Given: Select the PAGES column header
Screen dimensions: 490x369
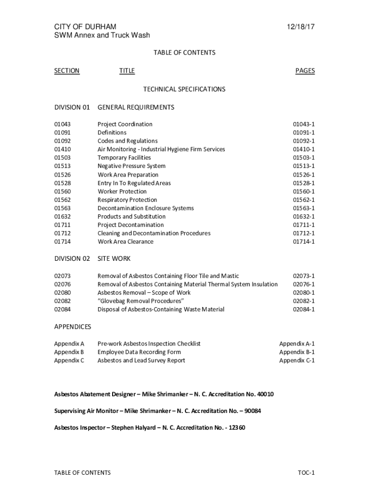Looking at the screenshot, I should (x=305, y=71).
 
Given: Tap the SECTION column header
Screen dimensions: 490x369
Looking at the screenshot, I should (x=67, y=71).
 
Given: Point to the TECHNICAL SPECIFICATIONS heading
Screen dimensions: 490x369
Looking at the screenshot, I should (x=184, y=89).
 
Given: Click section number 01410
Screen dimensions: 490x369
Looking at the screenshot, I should (x=62, y=149).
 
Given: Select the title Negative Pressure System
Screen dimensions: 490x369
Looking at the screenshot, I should (x=131, y=166).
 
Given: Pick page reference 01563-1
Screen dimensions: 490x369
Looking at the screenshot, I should (x=304, y=208).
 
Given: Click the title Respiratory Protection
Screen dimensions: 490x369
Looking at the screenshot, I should (x=127, y=200).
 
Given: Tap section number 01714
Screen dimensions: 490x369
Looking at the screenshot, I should (x=62, y=242).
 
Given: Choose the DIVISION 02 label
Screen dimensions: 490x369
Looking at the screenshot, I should (x=72, y=258).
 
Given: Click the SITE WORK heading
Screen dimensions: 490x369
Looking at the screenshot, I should (x=114, y=258).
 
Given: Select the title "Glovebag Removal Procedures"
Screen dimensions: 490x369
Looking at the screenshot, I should (x=141, y=301).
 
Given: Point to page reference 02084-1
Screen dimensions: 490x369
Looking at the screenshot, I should (x=304, y=309).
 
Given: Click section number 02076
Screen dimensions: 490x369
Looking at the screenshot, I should (x=62, y=284).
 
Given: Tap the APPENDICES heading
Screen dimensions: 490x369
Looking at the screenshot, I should (x=72, y=327).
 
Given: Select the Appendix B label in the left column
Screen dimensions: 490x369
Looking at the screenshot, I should (x=69, y=352).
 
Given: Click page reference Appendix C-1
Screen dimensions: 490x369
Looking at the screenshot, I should (x=297, y=360).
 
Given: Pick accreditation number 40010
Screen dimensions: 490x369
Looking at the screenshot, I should (x=265, y=394).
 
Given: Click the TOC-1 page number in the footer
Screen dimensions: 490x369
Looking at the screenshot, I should (x=306, y=473).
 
